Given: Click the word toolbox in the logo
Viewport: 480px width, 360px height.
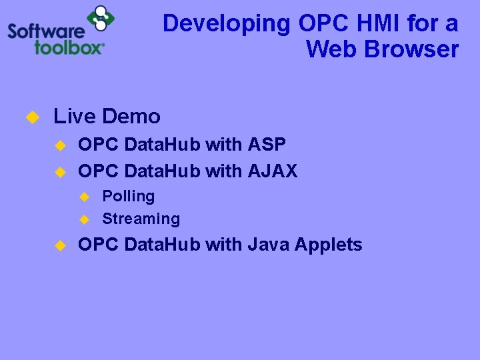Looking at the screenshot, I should pos(69,47).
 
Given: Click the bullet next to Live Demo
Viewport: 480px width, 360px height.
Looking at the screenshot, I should pos(31,117).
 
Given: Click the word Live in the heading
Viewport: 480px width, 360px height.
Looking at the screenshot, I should pos(74,117).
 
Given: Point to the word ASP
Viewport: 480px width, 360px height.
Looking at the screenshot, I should pos(267,144).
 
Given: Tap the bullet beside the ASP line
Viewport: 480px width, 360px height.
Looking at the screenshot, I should pos(59,145).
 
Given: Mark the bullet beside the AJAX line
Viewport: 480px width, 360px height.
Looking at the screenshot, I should pos(59,172).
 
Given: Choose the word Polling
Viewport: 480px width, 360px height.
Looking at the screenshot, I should pos(128,197).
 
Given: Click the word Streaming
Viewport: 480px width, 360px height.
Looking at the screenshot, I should pos(141,219).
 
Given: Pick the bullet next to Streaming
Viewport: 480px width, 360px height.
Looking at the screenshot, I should pos(84,219).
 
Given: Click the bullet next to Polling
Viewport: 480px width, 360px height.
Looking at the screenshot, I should pos(84,197).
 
